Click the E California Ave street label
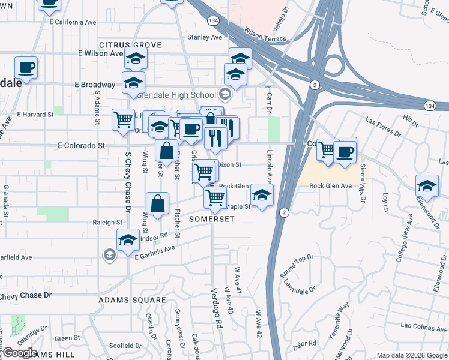tap(73, 22)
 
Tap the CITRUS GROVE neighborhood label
tap(130, 45)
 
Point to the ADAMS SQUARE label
tap(132, 299)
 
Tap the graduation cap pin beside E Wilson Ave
tap(136, 59)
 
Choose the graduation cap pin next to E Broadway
tap(133, 83)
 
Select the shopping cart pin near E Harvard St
tap(123, 119)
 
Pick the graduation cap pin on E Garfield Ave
tap(128, 241)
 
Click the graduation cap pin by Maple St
tap(262, 195)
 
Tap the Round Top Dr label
tap(297, 266)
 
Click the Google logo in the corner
tap(20, 353)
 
